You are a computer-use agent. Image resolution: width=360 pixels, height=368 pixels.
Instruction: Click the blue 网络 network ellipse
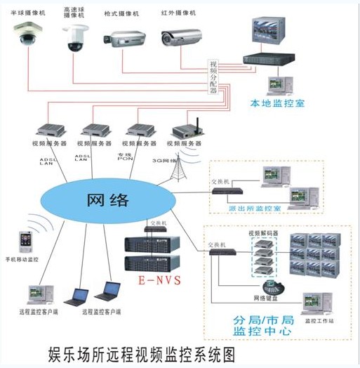109,199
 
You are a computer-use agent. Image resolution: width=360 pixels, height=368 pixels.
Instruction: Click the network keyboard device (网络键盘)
271,287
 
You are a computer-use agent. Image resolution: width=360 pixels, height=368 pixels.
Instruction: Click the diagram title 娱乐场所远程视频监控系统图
141,350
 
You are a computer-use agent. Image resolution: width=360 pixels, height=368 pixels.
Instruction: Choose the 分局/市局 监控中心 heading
259,324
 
